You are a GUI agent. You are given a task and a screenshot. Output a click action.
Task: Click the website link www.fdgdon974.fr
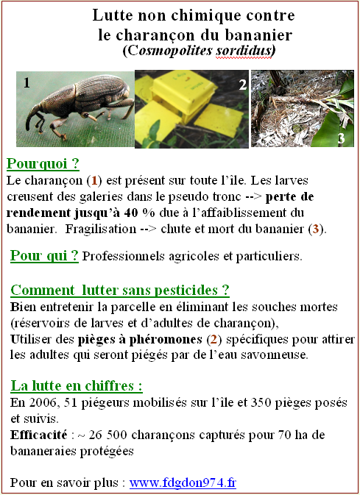pyautogui.click(x=183, y=483)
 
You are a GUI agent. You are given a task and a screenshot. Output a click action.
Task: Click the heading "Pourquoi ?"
pyautogui.click(x=42, y=164)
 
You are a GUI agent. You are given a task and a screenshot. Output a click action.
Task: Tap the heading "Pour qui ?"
pyautogui.click(x=44, y=256)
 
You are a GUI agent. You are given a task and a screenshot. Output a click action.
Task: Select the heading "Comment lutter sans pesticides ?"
pyautogui.click(x=120, y=290)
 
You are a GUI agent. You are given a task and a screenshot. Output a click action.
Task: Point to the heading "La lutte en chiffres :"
pyautogui.click(x=77, y=385)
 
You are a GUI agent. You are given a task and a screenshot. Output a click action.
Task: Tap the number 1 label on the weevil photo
pyautogui.click(x=27, y=84)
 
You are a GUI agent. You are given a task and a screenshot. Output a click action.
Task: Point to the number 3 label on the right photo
pyautogui.click(x=340, y=138)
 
